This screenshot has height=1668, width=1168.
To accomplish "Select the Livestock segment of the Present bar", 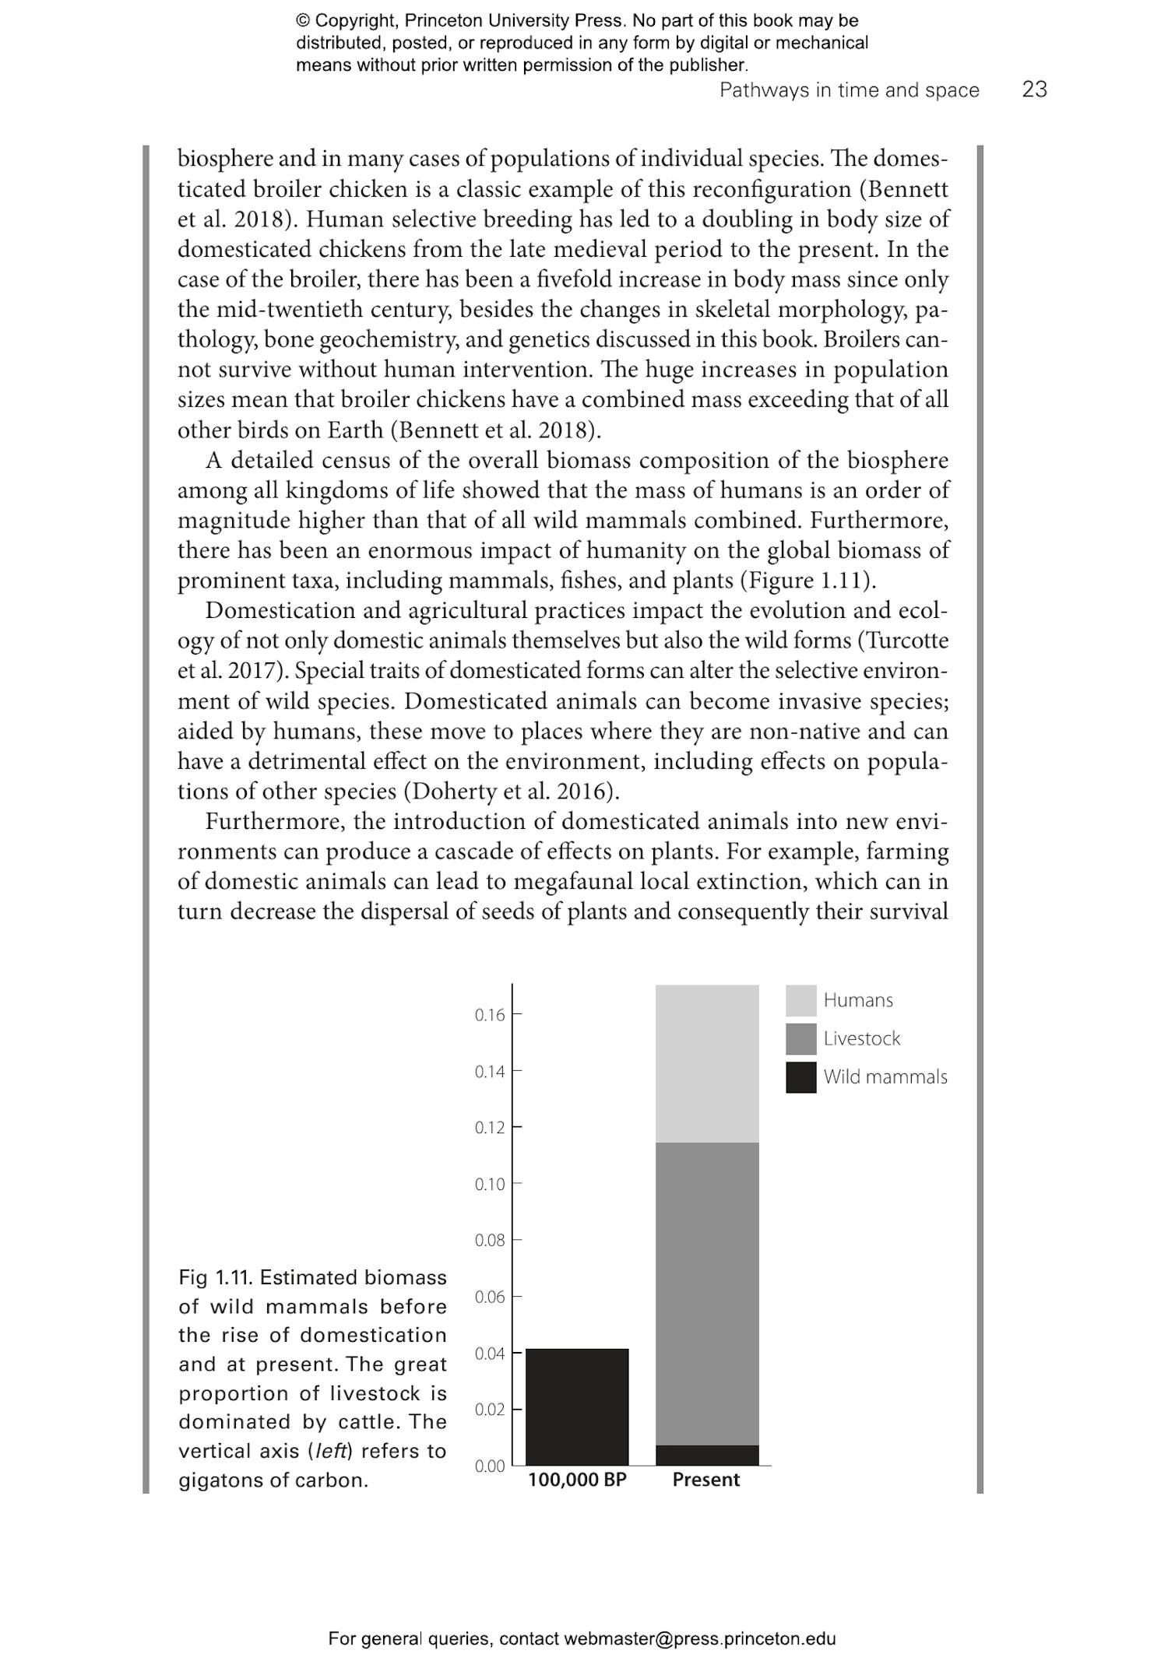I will [x=707, y=1293].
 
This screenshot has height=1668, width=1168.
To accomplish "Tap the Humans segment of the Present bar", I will [x=707, y=1063].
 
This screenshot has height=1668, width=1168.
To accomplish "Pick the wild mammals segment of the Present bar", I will [x=707, y=1455].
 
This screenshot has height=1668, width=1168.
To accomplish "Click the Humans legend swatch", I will [x=800, y=1000].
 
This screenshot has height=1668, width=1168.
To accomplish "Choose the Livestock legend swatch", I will [x=800, y=1038].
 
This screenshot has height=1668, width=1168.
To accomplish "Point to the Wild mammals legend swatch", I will [x=800, y=1077].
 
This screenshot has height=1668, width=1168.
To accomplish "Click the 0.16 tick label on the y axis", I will [x=490, y=1015].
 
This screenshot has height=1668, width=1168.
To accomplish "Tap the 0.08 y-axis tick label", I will [x=490, y=1241].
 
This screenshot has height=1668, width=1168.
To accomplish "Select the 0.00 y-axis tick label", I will [x=490, y=1466].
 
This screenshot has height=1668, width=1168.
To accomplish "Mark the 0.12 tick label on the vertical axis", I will [x=490, y=1128].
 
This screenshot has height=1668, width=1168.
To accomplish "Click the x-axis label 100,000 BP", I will [x=577, y=1480].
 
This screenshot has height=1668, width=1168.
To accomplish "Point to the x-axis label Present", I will [x=706, y=1480].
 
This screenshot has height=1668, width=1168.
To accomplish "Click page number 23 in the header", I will [x=1034, y=90].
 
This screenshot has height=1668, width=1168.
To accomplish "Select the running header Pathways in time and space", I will [x=849, y=90].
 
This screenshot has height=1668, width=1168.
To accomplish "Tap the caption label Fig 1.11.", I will [x=214, y=1277].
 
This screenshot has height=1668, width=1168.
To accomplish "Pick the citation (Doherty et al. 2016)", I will [x=511, y=792].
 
